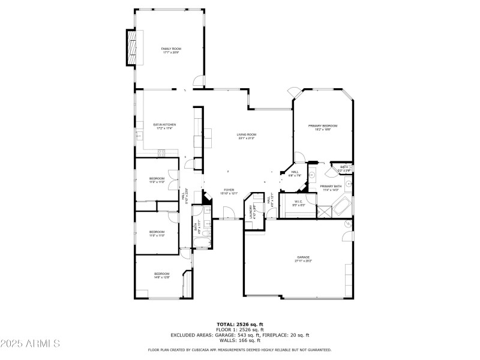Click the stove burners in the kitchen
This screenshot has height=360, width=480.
click(161, 152)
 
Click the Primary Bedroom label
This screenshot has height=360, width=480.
click(323, 126)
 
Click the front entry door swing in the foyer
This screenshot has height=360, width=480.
click(228, 213)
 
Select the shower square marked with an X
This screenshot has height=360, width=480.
click(324, 211)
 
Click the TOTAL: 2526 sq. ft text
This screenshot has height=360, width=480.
click(240, 325)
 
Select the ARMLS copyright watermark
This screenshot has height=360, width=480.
click(30, 344)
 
